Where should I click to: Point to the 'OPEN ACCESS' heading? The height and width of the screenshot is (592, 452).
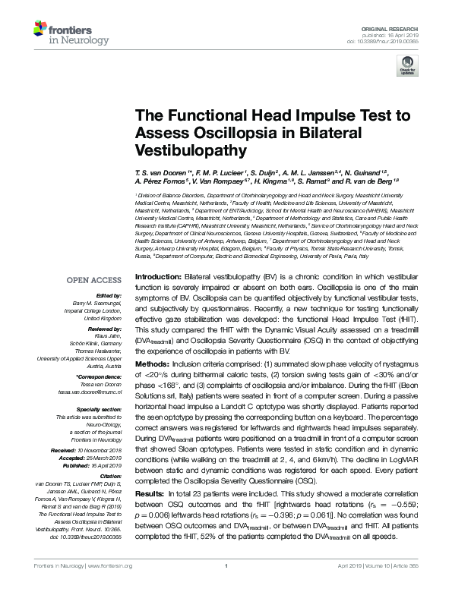(95, 260)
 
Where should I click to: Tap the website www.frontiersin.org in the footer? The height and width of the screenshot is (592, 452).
(110, 566)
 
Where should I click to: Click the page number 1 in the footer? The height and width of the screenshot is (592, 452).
(226, 566)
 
